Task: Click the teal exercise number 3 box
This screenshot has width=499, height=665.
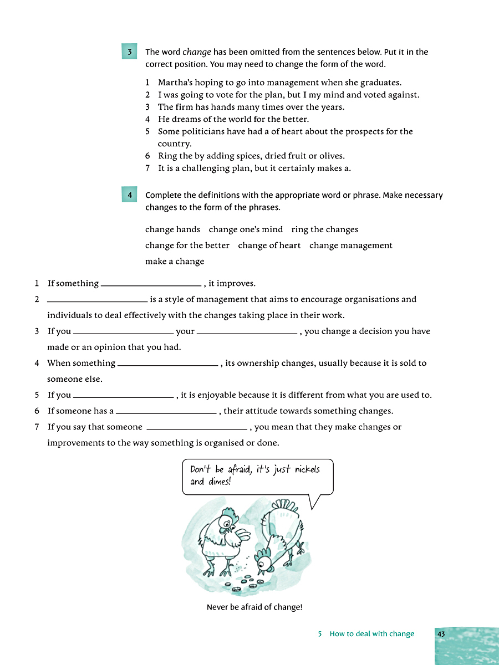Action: [129, 52]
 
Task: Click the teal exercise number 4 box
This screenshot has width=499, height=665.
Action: [129, 195]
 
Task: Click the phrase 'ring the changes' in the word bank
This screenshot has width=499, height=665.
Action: [324, 229]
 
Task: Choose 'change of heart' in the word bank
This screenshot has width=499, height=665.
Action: [269, 245]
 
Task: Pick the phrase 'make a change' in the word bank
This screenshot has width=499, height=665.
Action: [175, 262]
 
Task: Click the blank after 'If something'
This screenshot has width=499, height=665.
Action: [151, 284]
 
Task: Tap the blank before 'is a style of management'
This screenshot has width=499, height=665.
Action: [98, 300]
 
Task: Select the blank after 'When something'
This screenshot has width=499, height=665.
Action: [167, 364]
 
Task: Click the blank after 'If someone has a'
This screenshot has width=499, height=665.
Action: [166, 411]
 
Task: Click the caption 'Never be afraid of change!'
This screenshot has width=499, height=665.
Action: [254, 607]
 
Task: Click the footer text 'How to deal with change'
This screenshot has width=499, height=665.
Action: [371, 634]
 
